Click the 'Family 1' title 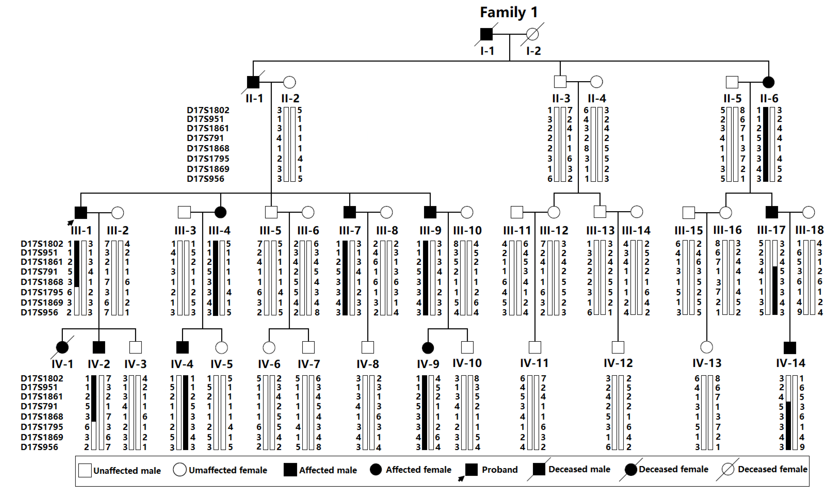509,12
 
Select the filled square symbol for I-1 486,34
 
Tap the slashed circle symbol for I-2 532,34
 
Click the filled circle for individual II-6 769,82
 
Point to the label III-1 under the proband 81,230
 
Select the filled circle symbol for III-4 220,212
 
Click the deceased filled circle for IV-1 62,348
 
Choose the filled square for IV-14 790,348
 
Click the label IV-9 428,364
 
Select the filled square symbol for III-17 771,212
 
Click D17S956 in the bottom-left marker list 40,447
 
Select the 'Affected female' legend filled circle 376,470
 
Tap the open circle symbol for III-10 467,212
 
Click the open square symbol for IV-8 368,348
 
